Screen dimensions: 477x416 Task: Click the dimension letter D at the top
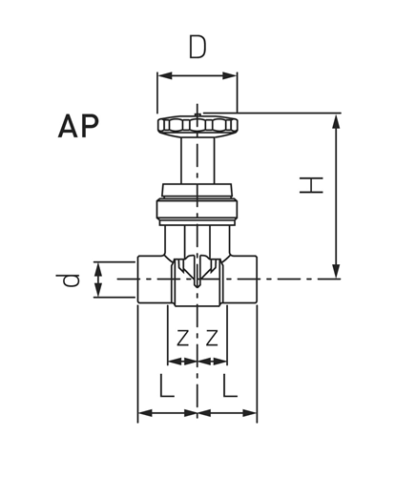point(197,47)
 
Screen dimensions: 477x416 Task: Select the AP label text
point(78,127)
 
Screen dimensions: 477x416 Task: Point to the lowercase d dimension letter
point(68,280)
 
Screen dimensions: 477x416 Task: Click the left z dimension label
point(182,338)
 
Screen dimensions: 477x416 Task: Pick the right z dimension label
point(212,338)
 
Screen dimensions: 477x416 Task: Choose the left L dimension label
point(167,386)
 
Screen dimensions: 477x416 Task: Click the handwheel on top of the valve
point(198,125)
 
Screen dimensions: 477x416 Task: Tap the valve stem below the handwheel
point(198,158)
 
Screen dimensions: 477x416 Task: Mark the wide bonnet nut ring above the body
point(198,211)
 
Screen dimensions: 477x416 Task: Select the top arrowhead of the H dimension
point(336,118)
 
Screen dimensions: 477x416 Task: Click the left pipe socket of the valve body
point(155,280)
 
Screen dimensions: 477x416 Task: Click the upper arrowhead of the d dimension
point(98,266)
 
